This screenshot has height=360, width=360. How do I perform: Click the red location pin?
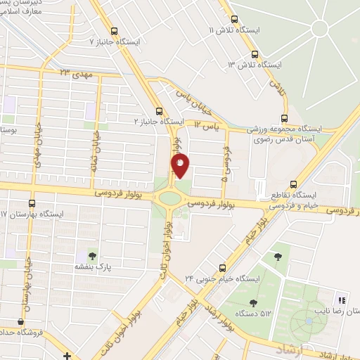click(181, 165)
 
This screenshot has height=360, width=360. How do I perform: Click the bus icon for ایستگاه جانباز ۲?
click(159, 110)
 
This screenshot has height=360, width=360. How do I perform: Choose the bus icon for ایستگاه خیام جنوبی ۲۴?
click(222, 267)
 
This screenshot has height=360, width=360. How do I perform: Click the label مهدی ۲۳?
click(75, 73)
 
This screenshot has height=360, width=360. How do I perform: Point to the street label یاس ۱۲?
click(208, 124)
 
